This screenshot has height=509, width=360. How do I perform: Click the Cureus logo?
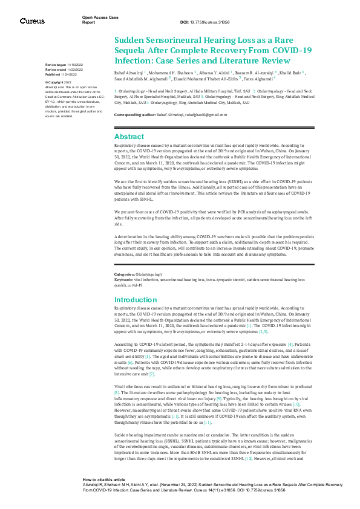click(32, 21)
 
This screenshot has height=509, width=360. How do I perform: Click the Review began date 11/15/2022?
click(61, 65)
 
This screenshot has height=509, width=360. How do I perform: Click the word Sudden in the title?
click(131, 39)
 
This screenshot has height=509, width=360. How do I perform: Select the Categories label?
click(126, 274)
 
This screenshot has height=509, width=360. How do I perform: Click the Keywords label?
click(125, 279)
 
